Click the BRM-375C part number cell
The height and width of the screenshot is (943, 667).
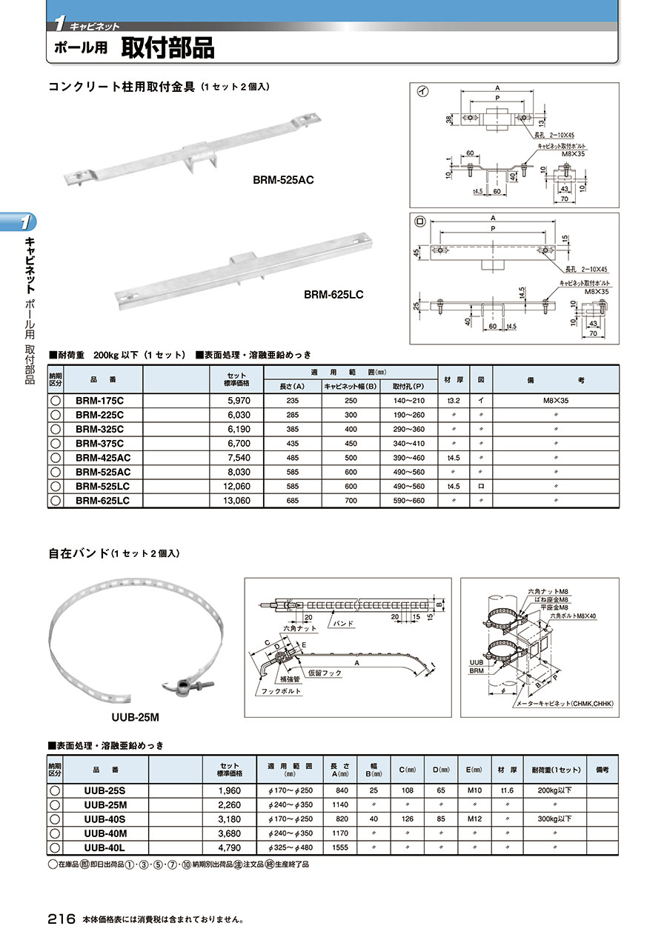[x=99, y=443]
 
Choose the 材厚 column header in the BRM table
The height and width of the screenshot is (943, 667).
[x=453, y=379]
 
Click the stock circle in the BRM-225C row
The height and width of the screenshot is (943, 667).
[x=55, y=415]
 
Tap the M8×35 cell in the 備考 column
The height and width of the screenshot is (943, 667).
[x=555, y=401]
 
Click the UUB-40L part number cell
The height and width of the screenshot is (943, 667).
[x=104, y=847]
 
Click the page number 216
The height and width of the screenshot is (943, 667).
[x=62, y=919]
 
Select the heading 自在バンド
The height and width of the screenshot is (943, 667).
[x=79, y=553]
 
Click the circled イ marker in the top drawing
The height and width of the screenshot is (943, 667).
[x=422, y=92]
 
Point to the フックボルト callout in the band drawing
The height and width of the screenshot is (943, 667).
[x=281, y=691]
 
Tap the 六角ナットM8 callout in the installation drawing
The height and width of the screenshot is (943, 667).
[x=548, y=590]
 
